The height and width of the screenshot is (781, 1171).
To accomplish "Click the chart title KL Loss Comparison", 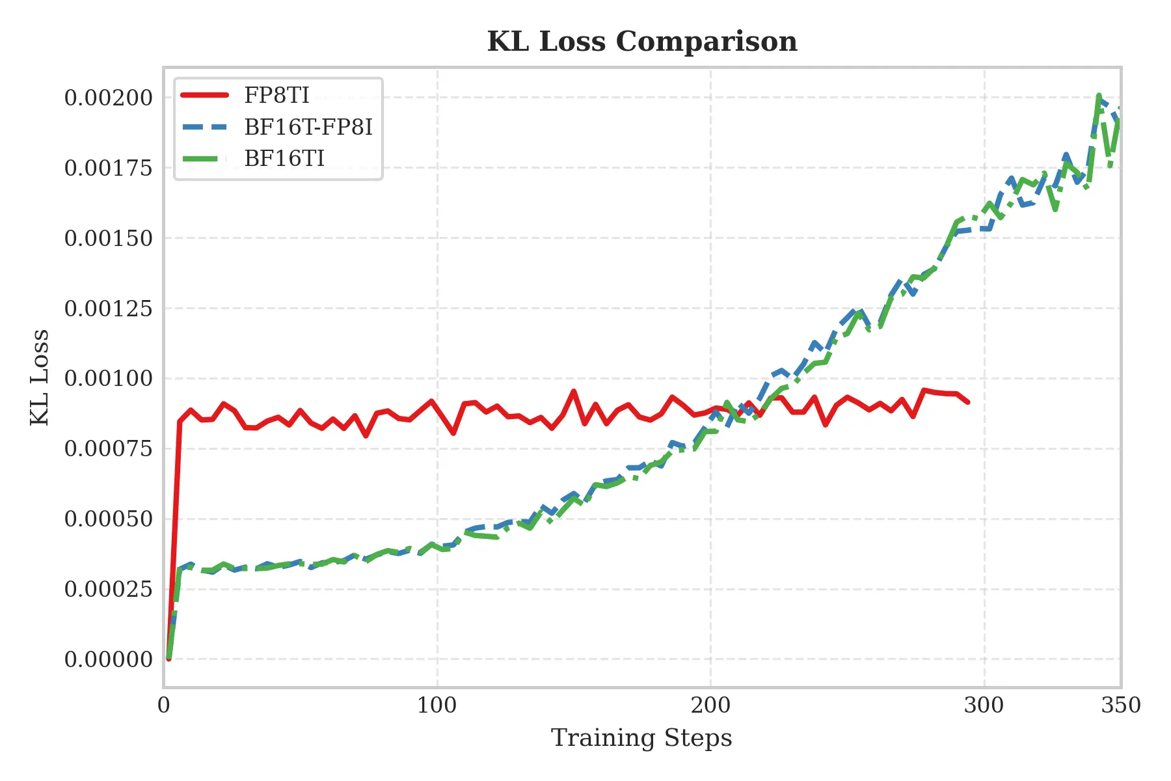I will pos(642,42).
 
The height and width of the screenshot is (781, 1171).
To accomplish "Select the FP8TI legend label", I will pos(276,96).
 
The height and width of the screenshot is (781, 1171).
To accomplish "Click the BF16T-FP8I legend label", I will pos(308,128).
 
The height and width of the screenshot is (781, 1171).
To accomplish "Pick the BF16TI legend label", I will pos(284,159).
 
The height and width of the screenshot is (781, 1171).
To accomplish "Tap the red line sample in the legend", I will pos(204,96).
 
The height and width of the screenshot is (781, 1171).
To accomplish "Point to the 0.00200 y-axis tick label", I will pos(108,98).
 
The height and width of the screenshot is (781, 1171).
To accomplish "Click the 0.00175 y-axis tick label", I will pos(108,168).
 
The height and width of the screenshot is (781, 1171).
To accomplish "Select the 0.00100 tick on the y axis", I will pos(108,378).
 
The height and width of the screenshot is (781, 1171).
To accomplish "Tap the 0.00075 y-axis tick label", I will pos(108,448).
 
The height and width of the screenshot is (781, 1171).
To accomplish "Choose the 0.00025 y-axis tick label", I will pos(108,589).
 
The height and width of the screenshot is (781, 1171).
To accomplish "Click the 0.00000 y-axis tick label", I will pos(108,659).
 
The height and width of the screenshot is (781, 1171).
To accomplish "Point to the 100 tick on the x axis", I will pos(437,706).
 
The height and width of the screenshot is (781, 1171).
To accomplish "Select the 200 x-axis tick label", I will pos(710,706).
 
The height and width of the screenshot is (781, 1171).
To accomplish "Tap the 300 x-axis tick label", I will pos(984,706).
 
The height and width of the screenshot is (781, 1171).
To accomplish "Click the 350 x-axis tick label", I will pos(1120,706).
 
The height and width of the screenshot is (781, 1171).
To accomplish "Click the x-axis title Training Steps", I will pos(641,738).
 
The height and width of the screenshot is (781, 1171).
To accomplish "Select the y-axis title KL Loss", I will pos(40,377).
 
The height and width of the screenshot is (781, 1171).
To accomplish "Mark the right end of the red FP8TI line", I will pos(969,402).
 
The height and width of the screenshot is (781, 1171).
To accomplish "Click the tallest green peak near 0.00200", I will pos(1098,96).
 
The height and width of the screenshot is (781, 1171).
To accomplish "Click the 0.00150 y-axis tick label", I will pos(108,238).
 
